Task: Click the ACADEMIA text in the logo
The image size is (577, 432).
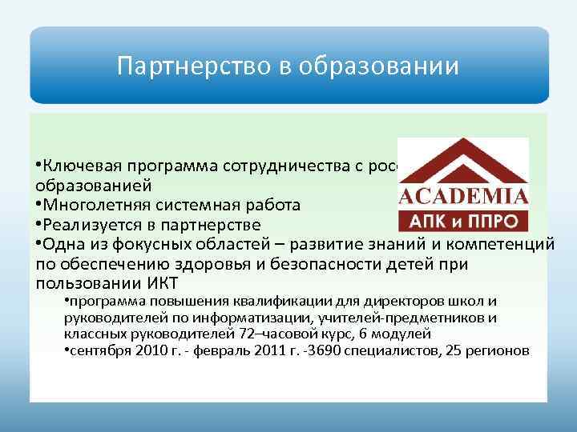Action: [x=463, y=197]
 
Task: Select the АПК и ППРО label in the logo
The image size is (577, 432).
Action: [x=463, y=220]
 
